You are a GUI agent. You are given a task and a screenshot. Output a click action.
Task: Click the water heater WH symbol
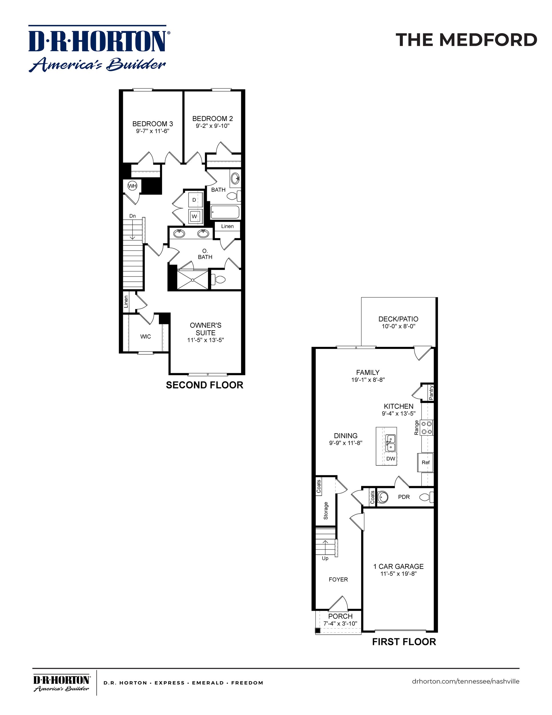click(132, 186)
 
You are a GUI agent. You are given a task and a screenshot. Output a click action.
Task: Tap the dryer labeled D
click(194, 200)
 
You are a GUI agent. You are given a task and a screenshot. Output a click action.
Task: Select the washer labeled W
click(194, 216)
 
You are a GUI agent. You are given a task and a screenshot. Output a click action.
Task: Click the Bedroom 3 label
click(152, 124)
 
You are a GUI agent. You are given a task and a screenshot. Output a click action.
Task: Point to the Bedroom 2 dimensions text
click(213, 126)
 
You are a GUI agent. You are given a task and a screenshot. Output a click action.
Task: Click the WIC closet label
click(145, 337)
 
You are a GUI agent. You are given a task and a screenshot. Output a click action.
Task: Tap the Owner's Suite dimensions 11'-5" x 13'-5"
click(205, 340)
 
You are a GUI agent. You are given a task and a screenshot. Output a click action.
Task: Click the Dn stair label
click(133, 216)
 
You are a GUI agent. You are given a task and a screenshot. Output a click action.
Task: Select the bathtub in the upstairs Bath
click(225, 212)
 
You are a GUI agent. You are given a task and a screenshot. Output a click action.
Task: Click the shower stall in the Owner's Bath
click(193, 280)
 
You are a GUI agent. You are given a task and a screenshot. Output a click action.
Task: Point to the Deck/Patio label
click(398, 319)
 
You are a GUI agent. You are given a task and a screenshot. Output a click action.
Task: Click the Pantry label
click(431, 392)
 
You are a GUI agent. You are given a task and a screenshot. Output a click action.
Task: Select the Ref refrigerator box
click(425, 462)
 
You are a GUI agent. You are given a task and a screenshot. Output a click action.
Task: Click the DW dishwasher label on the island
click(391, 459)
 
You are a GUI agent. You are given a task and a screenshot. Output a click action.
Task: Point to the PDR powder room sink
click(383, 497)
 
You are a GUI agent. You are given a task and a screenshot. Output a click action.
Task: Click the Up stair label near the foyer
click(325, 558)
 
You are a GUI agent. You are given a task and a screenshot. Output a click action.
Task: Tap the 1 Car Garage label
click(398, 566)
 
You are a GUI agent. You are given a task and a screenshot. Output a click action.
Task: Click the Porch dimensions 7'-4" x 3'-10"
click(340, 624)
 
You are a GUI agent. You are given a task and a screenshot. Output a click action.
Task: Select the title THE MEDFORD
click(466, 40)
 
